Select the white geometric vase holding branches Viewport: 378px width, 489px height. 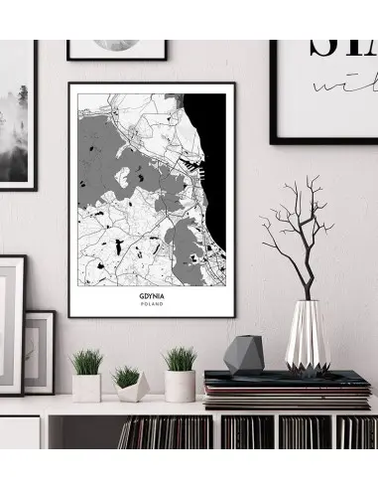pos(308,337)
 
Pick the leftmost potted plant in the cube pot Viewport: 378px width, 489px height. pos(86,360)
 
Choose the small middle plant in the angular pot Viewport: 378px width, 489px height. pos(126,376)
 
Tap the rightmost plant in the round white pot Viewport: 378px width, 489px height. pos(180,358)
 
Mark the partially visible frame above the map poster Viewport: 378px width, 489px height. pos(117,49)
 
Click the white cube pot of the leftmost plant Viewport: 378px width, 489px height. pos(87,387)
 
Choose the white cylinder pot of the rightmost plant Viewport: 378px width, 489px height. pos(180,386)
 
